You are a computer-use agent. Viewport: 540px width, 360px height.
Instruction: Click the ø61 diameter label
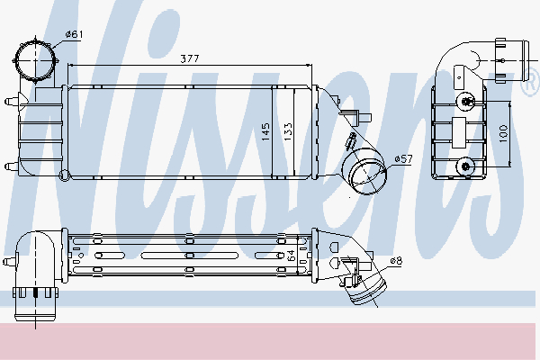[x=74, y=35]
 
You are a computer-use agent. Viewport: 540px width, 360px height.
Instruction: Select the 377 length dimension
[x=190, y=58]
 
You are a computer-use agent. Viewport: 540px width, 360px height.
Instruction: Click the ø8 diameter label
[x=395, y=262]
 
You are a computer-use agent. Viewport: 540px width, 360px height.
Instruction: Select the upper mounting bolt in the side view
[x=464, y=99]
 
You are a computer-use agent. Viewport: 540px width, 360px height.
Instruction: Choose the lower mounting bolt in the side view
[x=464, y=165]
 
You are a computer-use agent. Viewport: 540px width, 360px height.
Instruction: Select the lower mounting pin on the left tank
[x=10, y=165]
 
